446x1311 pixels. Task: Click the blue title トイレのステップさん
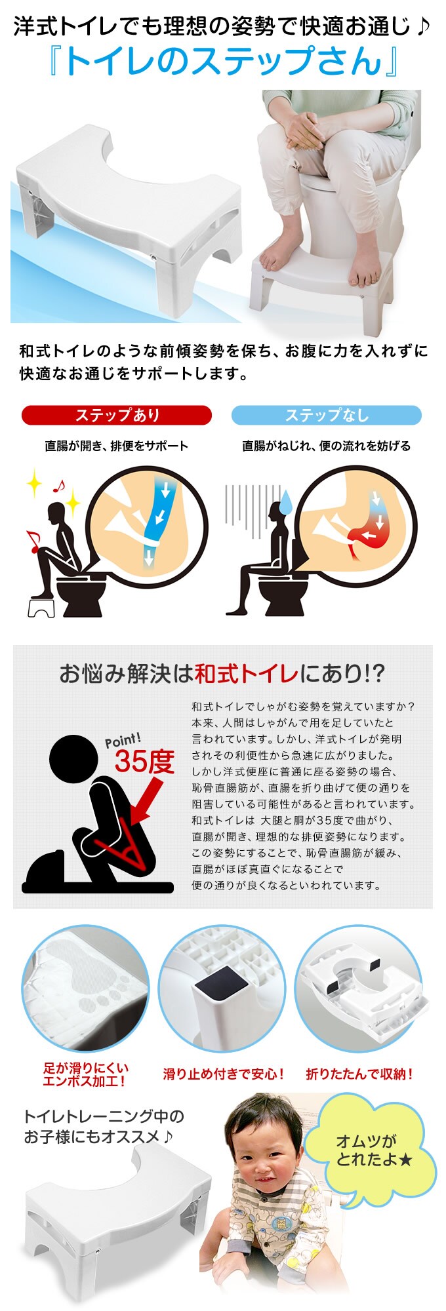[x=224, y=61]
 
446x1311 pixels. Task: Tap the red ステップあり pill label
[x=117, y=416]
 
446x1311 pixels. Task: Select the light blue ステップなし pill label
[x=327, y=416]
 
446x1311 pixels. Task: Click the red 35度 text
[x=145, y=761]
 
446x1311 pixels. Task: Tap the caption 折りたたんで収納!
[x=359, y=1074]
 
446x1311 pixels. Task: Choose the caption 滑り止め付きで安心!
[x=224, y=1074]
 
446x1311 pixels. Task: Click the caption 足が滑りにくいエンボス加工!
[x=85, y=1075]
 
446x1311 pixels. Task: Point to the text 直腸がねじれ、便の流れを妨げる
[x=327, y=446]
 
